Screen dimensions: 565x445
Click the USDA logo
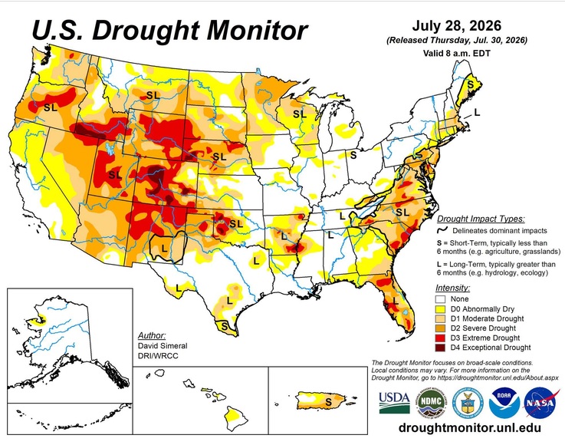pyautogui.click(x=394, y=403)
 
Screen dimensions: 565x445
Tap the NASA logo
pyautogui.click(x=540, y=403)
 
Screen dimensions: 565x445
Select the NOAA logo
pyautogui.click(x=504, y=403)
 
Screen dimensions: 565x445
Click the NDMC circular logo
pyautogui.click(x=432, y=403)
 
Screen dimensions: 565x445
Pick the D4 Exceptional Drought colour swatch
pyautogui.click(x=440, y=348)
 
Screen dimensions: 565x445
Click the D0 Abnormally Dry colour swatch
pyautogui.click(x=440, y=309)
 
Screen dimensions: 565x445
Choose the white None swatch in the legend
pyautogui.click(x=440, y=299)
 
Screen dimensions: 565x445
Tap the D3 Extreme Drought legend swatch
pyautogui.click(x=440, y=338)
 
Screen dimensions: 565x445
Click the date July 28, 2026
pyautogui.click(x=457, y=26)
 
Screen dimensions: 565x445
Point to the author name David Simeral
pyautogui.click(x=163, y=345)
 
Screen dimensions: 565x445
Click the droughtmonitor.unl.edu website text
pyautogui.click(x=470, y=427)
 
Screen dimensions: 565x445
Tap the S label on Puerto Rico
pyautogui.click(x=328, y=402)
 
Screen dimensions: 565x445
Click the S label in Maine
pyautogui.click(x=470, y=84)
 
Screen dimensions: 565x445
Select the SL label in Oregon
pyautogui.click(x=51, y=107)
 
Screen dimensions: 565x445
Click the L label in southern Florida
pyautogui.click(x=396, y=300)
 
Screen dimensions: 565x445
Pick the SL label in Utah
pyautogui.click(x=115, y=175)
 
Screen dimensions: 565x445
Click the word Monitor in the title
pyautogui.click(x=258, y=30)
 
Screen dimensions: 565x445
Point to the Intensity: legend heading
pyautogui.click(x=452, y=288)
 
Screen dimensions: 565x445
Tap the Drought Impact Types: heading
pyautogui.click(x=481, y=219)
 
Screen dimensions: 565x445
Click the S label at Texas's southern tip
pyautogui.click(x=224, y=327)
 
